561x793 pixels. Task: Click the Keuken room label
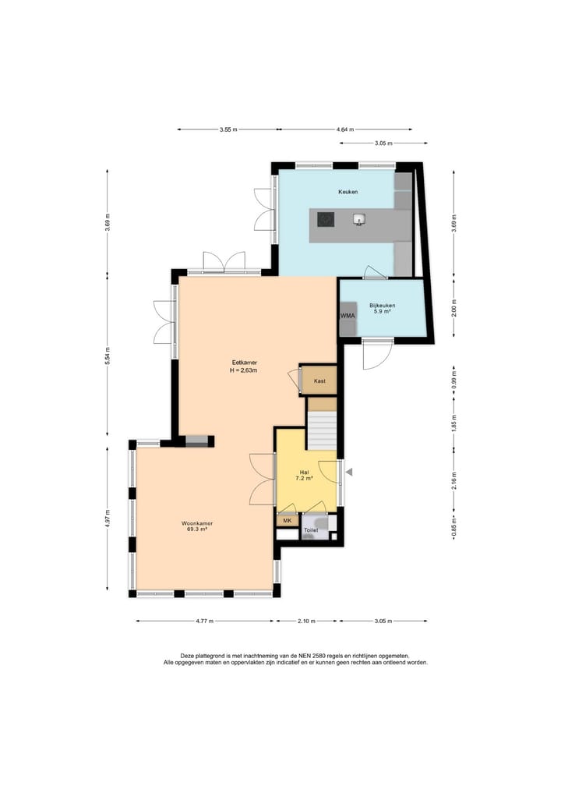pos(348,191)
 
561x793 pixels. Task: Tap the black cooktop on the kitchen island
pos(326,220)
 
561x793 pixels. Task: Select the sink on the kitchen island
pos(359,220)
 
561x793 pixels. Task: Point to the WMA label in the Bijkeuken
pos(348,316)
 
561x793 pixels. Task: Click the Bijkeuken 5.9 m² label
pos(382,309)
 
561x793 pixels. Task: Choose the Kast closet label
pos(319,381)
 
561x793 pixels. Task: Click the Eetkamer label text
pos(244,363)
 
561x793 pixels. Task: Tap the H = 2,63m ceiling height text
pos(244,370)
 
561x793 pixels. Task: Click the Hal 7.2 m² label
pos(305,475)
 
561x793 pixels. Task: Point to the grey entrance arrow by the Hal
pos(349,472)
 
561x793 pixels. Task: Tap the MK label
pos(287,520)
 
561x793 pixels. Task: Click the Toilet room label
pos(311,530)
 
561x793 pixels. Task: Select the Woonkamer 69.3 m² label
pos(197,526)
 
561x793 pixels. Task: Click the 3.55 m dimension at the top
pos(228,129)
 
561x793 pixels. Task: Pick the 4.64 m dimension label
pos(345,129)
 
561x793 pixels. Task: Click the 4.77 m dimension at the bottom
pos(204,621)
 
